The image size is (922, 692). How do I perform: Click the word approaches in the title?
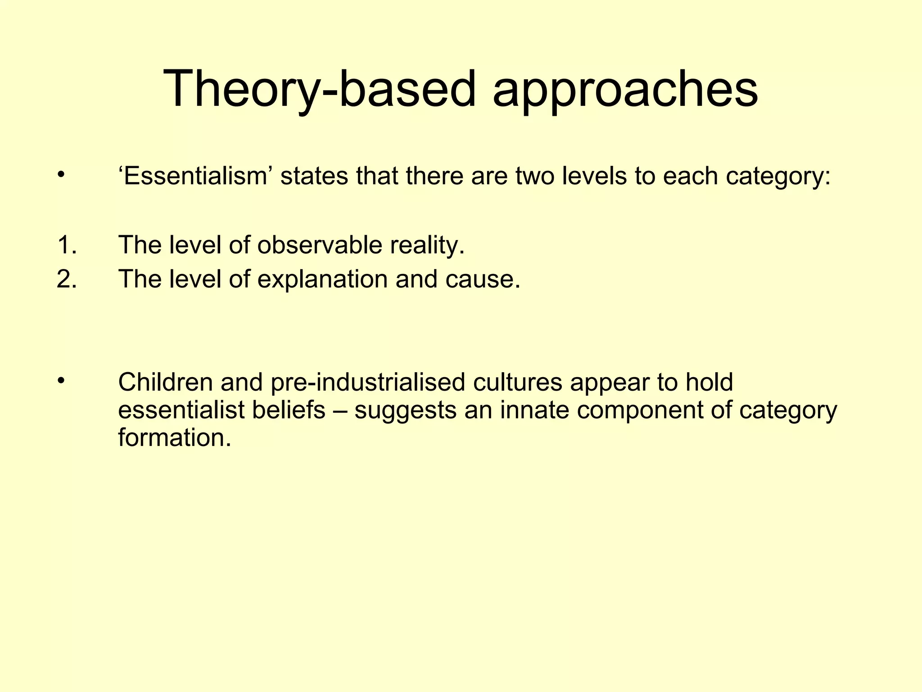625,89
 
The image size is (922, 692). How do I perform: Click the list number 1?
67,246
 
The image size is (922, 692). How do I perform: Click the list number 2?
67,279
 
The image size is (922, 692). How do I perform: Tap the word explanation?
322,279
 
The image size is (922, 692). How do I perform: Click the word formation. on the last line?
175,437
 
